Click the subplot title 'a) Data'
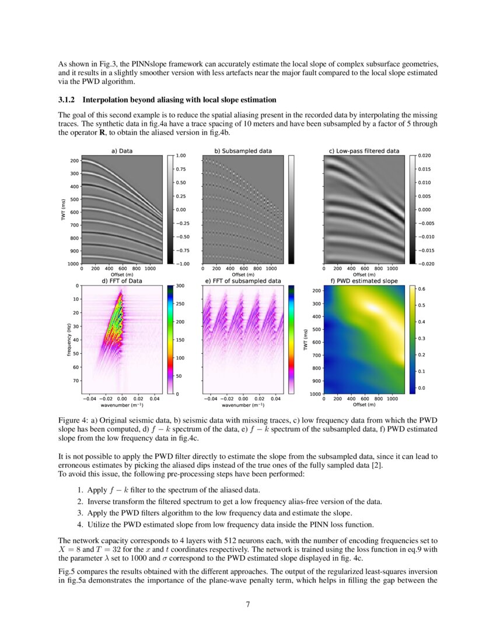click(122, 151)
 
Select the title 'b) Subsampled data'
click(243, 151)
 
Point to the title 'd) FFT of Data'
click(122, 281)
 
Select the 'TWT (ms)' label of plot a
click(62, 210)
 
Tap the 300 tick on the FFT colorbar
click(180, 286)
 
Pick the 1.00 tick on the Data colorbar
click(181, 156)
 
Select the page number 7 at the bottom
click(248, 604)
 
